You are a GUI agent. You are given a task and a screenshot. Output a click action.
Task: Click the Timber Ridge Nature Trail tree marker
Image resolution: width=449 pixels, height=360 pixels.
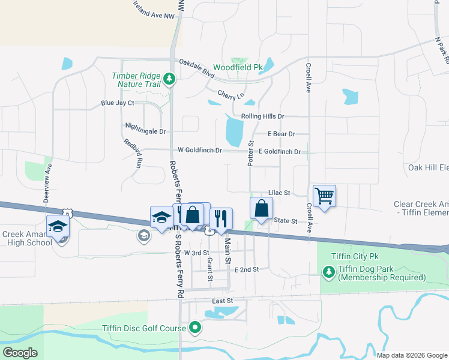pos(170,79)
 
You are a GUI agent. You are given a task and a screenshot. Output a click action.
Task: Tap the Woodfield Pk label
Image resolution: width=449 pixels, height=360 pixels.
pos(238,68)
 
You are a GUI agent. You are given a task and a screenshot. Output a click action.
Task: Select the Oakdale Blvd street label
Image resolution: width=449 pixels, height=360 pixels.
pos(196,68)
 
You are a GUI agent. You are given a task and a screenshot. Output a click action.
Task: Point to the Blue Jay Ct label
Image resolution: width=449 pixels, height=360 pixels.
pos(118,103)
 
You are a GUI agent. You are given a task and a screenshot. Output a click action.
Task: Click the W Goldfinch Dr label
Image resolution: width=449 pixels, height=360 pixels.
pos(200,149)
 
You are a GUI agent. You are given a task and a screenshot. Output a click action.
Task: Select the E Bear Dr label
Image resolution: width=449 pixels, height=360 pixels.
pos(282,134)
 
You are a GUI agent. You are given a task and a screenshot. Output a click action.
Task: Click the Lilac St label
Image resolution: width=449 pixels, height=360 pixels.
pos(279,193)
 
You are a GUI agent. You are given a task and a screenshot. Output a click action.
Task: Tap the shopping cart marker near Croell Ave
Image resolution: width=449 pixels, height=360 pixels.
pos(324,196)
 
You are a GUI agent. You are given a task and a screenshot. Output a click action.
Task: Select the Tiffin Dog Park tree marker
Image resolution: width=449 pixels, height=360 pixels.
pos(328,272)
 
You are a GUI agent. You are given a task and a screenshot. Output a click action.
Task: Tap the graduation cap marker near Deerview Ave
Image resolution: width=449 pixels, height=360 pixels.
pos(58,227)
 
